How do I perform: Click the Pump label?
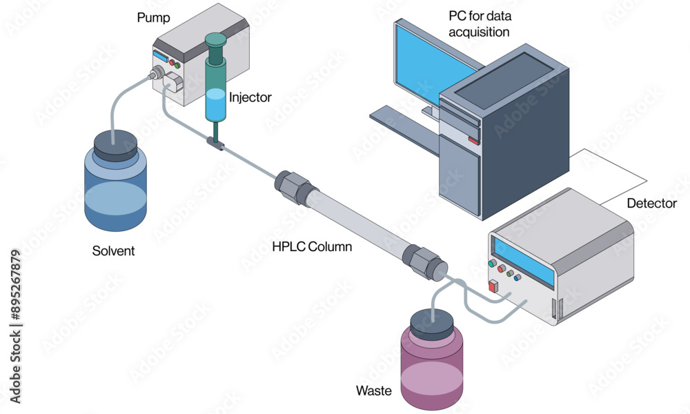click(153, 19)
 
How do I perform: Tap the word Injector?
click(250, 97)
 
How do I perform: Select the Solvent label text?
click(113, 250)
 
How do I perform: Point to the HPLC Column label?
click(312, 246)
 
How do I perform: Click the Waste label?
click(373, 391)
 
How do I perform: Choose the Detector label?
click(652, 204)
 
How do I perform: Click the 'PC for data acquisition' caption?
click(480, 24)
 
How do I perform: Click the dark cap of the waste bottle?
click(432, 324)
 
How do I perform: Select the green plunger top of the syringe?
click(215, 41)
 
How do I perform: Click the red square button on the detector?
click(493, 286)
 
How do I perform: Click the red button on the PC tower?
click(473, 141)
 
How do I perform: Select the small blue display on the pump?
click(160, 57)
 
